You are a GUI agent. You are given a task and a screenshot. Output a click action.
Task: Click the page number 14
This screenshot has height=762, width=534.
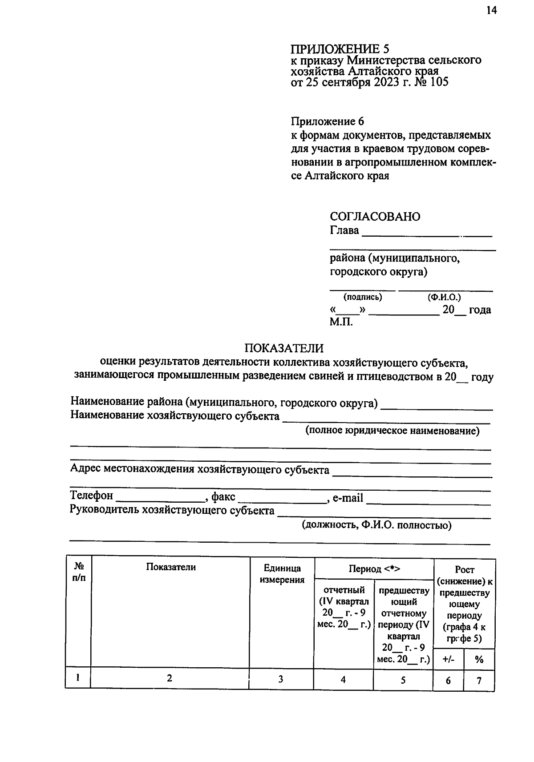[x=491, y=11]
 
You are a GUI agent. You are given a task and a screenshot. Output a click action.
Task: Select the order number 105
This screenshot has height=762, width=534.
[x=439, y=82]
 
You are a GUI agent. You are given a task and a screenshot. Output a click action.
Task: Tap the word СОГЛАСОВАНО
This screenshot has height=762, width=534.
[x=375, y=217]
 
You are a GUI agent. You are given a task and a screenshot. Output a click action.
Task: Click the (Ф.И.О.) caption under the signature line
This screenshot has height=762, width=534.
[x=444, y=297]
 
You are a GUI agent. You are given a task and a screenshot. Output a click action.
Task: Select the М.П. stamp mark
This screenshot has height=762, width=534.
[x=341, y=322]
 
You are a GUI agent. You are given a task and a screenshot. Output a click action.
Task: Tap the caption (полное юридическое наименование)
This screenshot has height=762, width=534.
[x=392, y=431]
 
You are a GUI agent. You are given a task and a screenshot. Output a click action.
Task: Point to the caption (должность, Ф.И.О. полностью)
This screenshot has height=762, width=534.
[x=376, y=525]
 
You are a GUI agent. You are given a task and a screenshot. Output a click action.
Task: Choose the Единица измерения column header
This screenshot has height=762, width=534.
[x=282, y=574]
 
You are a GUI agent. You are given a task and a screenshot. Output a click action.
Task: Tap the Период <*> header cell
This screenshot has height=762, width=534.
[x=374, y=569]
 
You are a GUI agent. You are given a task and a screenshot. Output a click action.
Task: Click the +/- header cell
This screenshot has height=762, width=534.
[x=448, y=660]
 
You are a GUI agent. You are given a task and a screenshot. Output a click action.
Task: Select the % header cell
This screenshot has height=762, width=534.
[x=479, y=660]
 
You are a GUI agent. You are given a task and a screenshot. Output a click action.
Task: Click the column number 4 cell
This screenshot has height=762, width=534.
[x=343, y=679]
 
